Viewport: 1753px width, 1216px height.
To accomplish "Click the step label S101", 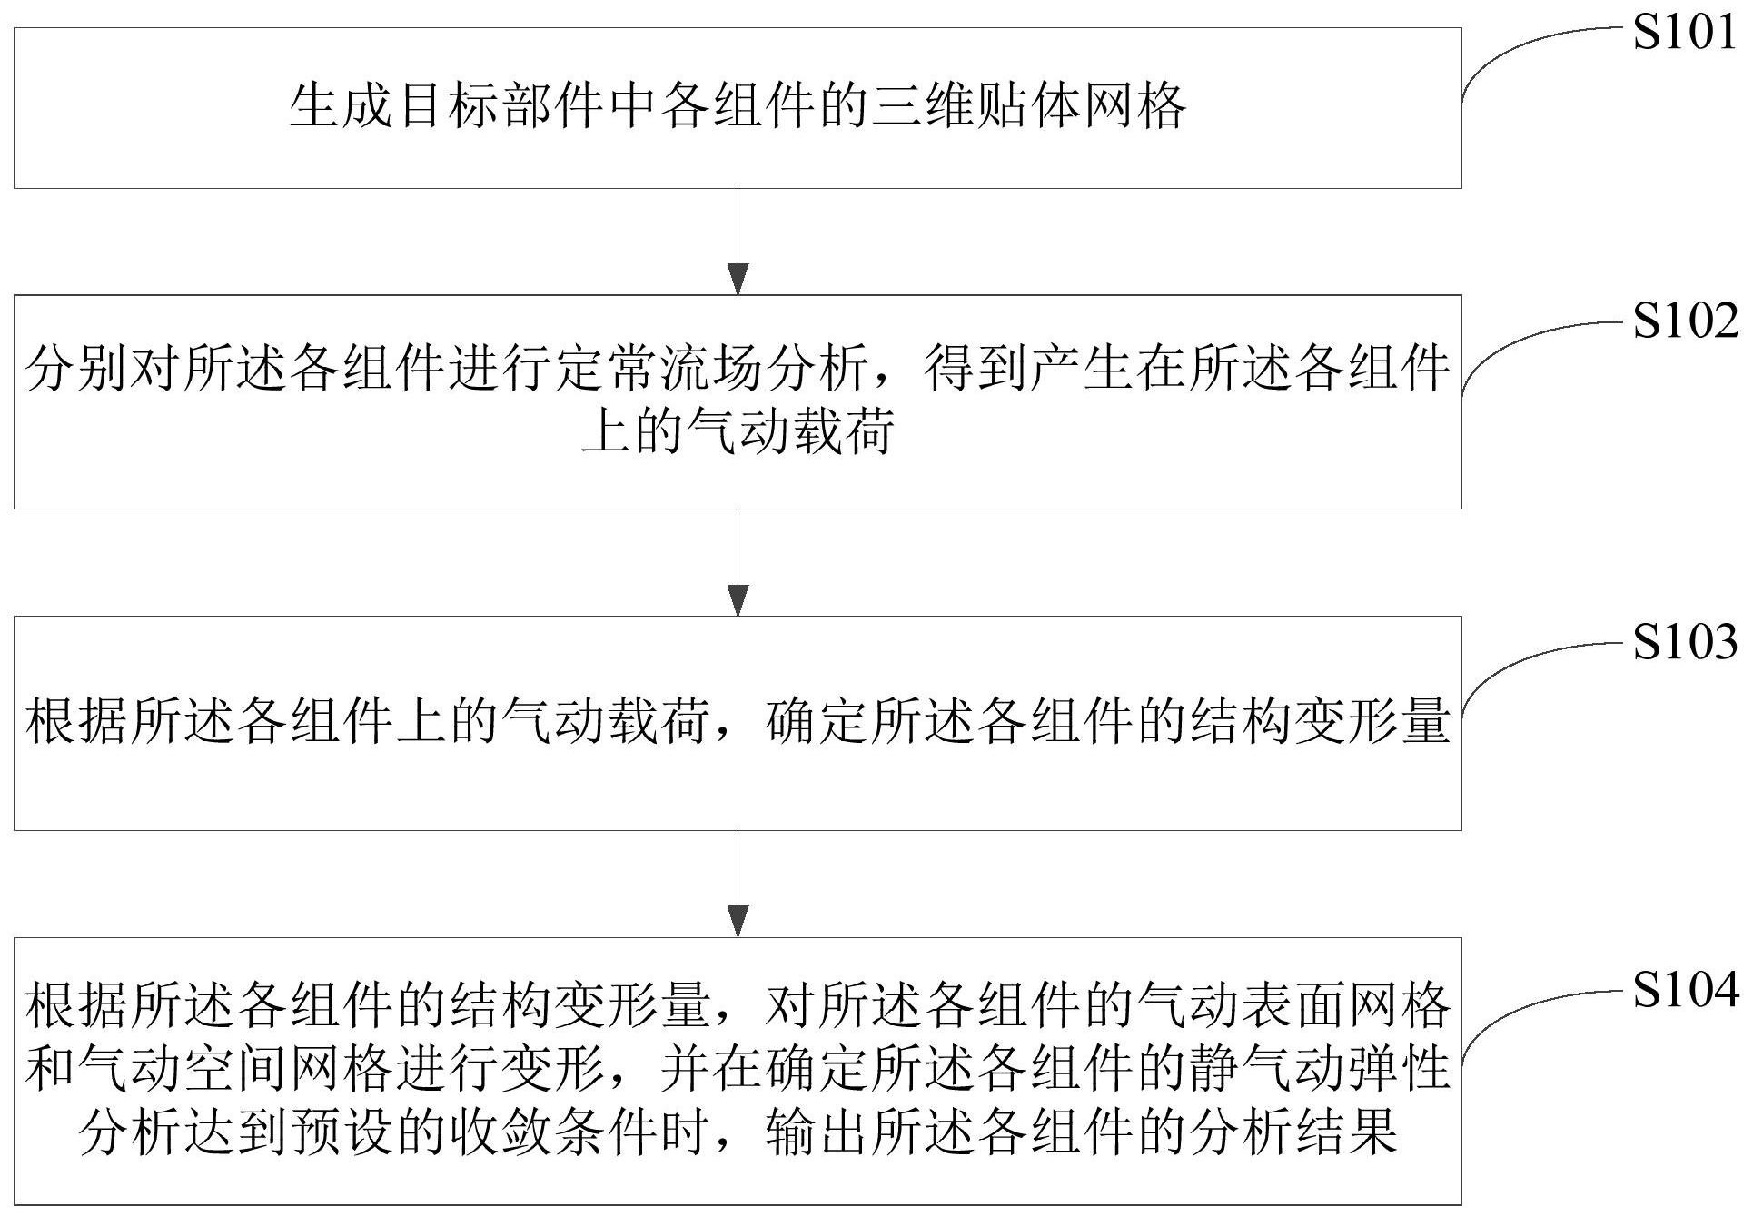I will (1685, 34).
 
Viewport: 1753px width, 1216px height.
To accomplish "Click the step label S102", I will (1685, 321).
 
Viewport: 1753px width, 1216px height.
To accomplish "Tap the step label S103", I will (1685, 642).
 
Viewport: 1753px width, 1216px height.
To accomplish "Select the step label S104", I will (1685, 990).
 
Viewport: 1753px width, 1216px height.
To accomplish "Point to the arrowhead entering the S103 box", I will (738, 600).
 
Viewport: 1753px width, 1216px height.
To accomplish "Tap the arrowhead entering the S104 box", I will (738, 921).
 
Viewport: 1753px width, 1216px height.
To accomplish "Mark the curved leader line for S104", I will (1526, 1008).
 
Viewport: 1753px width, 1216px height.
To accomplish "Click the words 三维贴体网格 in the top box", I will (1029, 107).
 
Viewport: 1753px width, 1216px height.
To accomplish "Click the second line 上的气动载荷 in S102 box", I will (738, 430).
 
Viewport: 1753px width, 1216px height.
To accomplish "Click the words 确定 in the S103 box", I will (817, 723).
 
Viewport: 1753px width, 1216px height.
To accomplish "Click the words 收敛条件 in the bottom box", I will (555, 1132).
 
